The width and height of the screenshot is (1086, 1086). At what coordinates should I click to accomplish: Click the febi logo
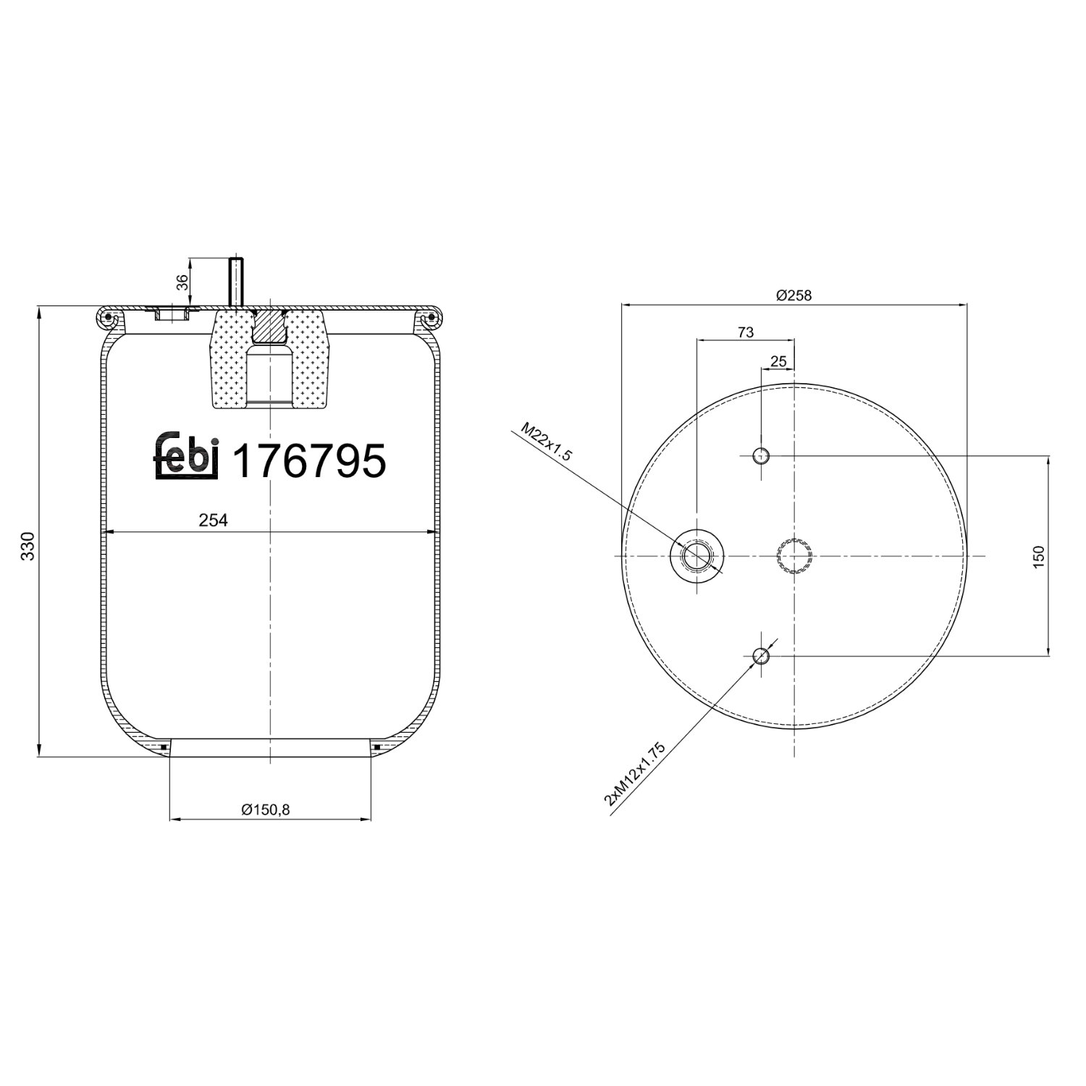(186, 457)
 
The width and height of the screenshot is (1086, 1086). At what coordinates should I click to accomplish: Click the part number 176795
(308, 461)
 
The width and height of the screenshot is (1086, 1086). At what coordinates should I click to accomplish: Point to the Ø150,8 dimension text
(265, 809)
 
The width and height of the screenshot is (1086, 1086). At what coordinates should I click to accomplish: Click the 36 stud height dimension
(183, 282)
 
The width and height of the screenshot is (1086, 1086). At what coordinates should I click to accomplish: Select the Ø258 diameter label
(794, 295)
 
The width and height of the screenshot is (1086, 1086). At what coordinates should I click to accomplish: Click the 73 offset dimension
(745, 332)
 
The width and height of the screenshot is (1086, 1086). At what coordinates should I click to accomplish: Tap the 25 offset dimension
(778, 361)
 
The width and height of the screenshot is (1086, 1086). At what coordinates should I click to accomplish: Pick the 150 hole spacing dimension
(1040, 556)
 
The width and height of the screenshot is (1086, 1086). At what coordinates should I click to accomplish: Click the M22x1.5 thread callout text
(547, 444)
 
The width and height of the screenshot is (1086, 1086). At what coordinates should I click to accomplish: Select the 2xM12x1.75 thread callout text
(634, 774)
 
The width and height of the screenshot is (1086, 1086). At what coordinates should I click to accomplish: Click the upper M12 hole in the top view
(761, 455)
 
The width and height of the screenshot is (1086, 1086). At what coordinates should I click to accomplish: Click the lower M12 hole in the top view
(760, 656)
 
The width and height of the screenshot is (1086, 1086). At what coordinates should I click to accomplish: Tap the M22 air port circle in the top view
(696, 556)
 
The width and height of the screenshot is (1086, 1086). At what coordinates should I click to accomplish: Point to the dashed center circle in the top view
(794, 556)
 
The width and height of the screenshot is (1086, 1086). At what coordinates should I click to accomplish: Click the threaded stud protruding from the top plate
(236, 281)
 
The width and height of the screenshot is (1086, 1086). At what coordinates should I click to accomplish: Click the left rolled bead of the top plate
(108, 317)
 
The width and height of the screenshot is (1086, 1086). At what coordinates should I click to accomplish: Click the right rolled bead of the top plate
(429, 317)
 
